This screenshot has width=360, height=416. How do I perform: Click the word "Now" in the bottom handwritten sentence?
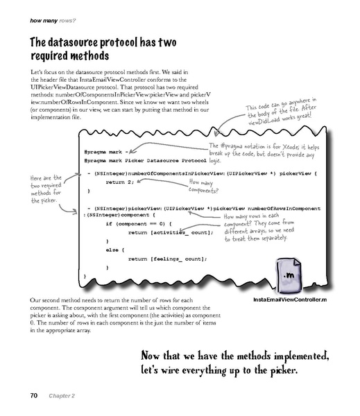[154, 356]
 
